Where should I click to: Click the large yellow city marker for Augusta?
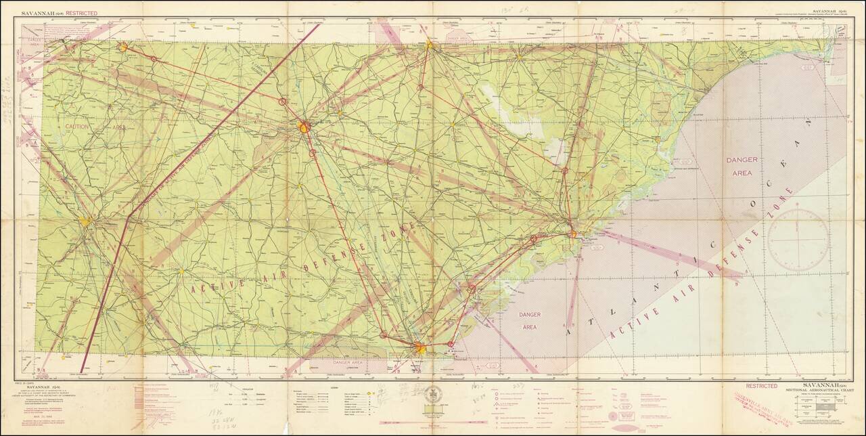tap(304, 127)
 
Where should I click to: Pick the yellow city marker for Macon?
tap(85, 221)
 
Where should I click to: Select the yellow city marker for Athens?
tap(123, 47)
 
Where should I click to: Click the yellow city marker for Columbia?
tap(430, 45)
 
